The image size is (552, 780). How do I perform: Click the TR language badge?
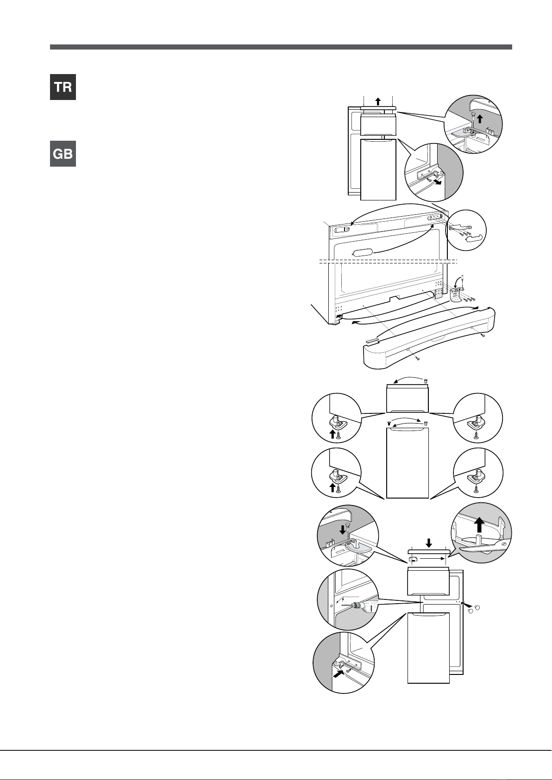pyautogui.click(x=63, y=87)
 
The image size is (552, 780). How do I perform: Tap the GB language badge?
pyautogui.click(x=63, y=154)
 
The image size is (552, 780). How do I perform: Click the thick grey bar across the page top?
pyautogui.click(x=281, y=47)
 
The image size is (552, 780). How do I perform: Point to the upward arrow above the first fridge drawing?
pyautogui.click(x=378, y=101)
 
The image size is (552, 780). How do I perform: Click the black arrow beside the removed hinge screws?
pyautogui.click(x=440, y=182)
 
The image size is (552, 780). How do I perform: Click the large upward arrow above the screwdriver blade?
pyautogui.click(x=480, y=524)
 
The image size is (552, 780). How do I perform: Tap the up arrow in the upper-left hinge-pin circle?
pyautogui.click(x=332, y=434)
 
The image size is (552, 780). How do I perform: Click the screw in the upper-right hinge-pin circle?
pyautogui.click(x=476, y=435)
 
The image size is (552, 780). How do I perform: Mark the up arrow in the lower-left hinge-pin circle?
pyautogui.click(x=332, y=487)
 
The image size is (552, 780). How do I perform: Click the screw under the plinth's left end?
pyautogui.click(x=418, y=358)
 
